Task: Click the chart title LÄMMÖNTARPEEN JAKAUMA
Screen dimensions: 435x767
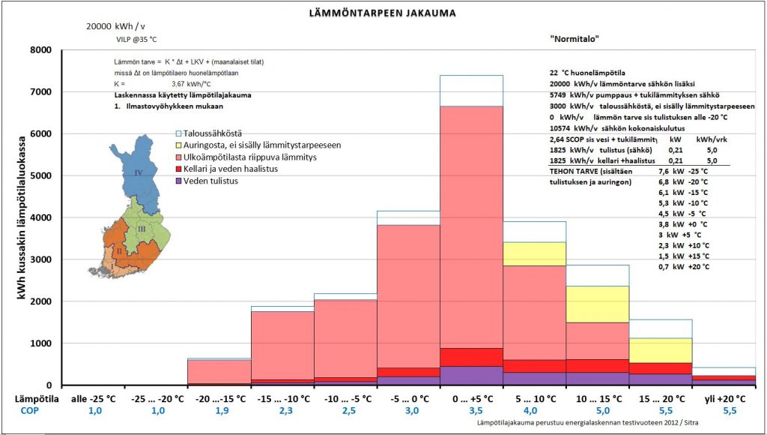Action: coord(383,13)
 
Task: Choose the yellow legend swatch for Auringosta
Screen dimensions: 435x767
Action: coord(178,145)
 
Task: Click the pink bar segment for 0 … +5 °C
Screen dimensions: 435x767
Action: coord(470,225)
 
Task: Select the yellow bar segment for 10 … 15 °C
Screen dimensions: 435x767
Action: coord(597,304)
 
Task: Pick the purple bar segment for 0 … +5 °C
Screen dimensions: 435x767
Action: coord(470,375)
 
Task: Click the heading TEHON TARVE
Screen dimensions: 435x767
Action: coord(577,171)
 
